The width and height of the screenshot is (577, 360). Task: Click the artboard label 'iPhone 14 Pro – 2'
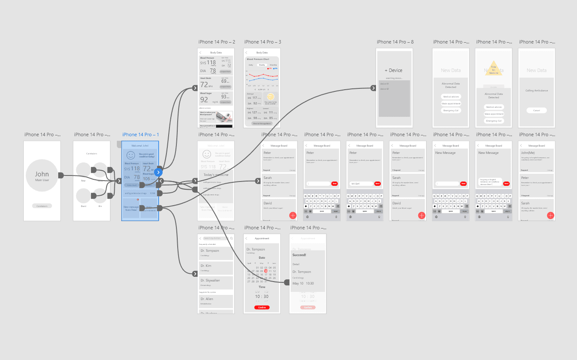click(216, 42)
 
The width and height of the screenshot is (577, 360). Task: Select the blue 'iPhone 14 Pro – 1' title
click(141, 135)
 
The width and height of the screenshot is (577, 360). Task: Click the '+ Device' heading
click(393, 70)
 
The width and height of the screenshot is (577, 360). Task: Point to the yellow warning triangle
click(493, 69)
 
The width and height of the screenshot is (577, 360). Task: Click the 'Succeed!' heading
click(299, 255)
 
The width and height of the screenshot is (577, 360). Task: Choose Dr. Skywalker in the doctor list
click(210, 281)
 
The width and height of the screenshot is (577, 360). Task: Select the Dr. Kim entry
click(206, 266)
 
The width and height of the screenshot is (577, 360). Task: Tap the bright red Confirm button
click(262, 307)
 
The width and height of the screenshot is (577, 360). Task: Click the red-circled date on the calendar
click(266, 271)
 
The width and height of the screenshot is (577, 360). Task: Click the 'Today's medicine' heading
click(216, 175)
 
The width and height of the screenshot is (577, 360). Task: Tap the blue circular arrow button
click(158, 172)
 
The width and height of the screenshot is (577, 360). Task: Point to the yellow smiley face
click(270, 97)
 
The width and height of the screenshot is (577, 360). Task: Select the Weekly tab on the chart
click(262, 65)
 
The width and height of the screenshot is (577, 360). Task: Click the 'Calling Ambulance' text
click(536, 91)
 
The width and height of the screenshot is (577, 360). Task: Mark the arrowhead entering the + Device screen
click(373, 88)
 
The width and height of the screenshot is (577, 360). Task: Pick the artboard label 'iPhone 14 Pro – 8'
click(395, 42)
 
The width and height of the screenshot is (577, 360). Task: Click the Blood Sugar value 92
click(204, 100)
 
